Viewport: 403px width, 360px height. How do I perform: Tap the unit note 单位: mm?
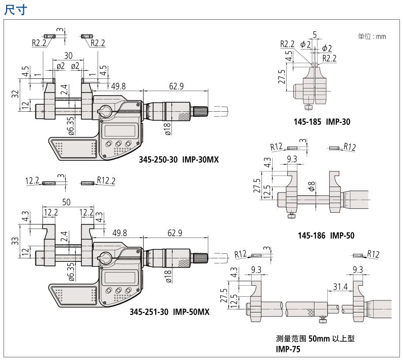[372, 36]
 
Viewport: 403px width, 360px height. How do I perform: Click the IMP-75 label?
[286, 349]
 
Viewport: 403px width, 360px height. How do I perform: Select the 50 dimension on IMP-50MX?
[67, 202]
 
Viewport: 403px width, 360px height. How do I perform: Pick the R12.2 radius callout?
[103, 181]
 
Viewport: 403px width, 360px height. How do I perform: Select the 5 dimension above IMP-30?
[315, 35]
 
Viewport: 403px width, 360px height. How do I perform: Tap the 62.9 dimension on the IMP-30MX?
[176, 87]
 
